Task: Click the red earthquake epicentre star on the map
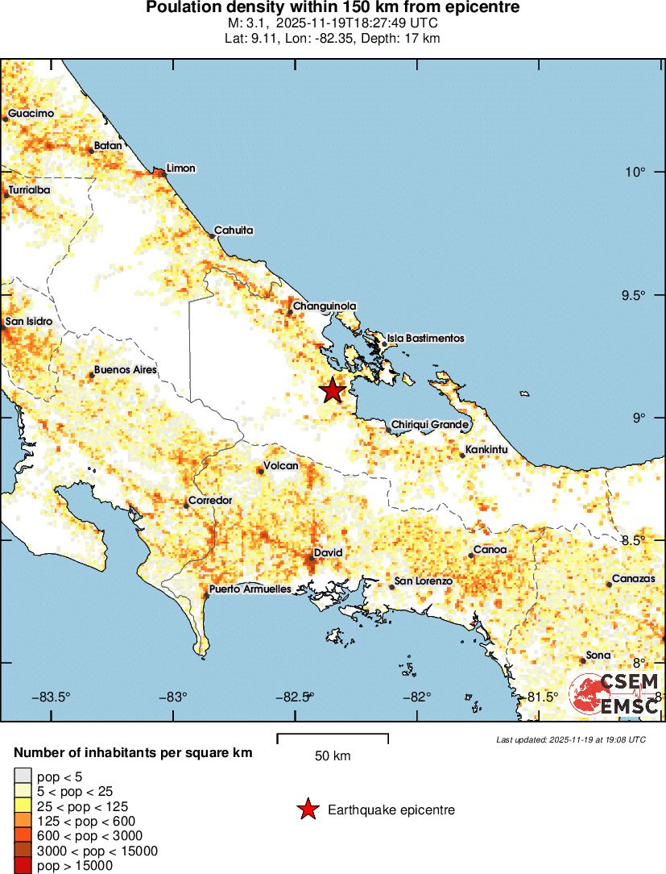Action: [x=332, y=390]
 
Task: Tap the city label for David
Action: [x=328, y=552]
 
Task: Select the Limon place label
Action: [x=180, y=169]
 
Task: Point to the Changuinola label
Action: [x=324, y=306]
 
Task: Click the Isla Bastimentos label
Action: [x=425, y=339]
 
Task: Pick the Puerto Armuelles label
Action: [x=250, y=589]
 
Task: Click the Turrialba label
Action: [x=29, y=190]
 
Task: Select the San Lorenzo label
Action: [x=423, y=581]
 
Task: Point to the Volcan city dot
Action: [x=260, y=470]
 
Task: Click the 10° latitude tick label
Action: [x=637, y=172]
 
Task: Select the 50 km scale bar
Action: [x=333, y=739]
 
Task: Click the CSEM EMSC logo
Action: [x=614, y=693]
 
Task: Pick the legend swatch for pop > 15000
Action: [x=23, y=866]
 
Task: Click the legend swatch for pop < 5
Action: [x=23, y=776]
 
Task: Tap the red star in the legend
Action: [x=307, y=809]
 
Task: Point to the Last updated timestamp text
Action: [x=570, y=739]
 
